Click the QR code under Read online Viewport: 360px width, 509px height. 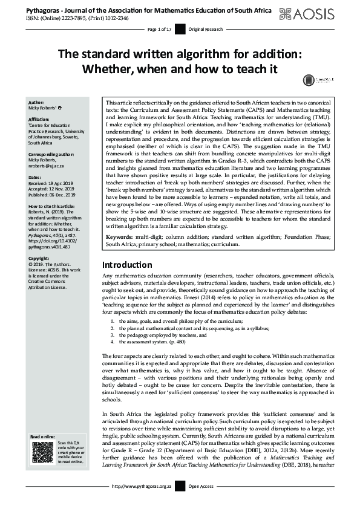tap(42, 452)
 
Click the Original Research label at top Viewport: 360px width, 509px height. tap(205, 29)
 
